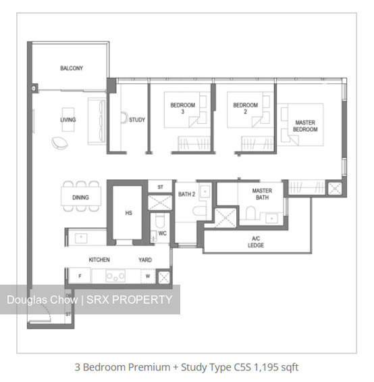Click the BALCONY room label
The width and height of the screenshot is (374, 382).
[x=72, y=68]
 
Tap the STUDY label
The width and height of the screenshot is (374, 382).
[x=137, y=120]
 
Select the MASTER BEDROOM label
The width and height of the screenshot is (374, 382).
[x=305, y=126]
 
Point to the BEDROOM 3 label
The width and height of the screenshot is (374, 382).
[x=182, y=108]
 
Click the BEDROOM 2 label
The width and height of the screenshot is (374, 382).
[x=245, y=108]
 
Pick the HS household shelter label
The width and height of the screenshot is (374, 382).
[x=128, y=213]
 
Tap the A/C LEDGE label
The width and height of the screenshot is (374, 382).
[x=256, y=242]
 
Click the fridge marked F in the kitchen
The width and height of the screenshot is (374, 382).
[x=80, y=276]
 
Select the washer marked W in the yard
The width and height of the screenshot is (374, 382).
[x=148, y=277]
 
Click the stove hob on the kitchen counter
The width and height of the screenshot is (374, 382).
[x=115, y=277]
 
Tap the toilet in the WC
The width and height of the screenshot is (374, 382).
[x=160, y=220]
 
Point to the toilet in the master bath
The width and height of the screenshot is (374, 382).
[x=250, y=213]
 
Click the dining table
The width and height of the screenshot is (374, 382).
[x=81, y=197]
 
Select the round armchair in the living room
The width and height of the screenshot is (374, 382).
[x=59, y=143]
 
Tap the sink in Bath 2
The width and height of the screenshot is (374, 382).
[x=205, y=191]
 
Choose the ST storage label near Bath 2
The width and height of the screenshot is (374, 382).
[x=160, y=187]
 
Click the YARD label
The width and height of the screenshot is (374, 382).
[x=145, y=260]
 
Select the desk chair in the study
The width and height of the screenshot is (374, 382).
[x=124, y=118]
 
